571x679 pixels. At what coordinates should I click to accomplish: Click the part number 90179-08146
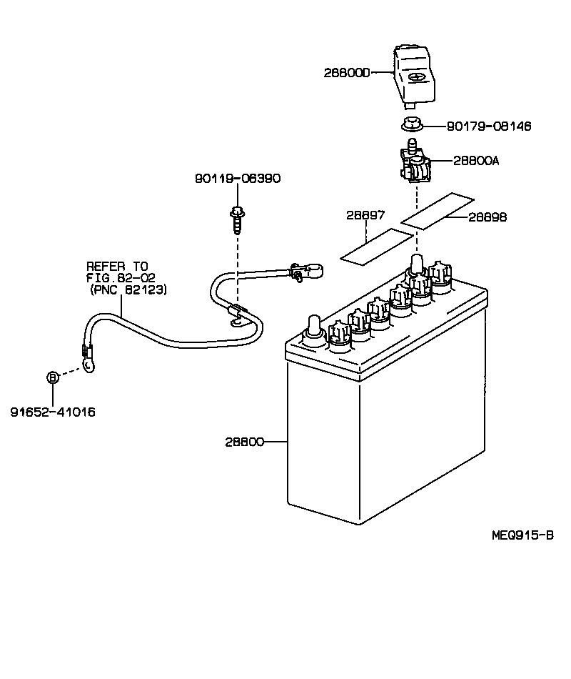coord(489,127)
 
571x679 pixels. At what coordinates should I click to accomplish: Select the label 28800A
coord(475,161)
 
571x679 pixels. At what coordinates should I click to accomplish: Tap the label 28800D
coord(347,73)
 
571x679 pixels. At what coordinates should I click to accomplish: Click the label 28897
coord(365,215)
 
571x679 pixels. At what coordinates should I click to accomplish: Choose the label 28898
coord(487,217)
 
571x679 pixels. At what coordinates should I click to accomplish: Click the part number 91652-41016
coord(53,412)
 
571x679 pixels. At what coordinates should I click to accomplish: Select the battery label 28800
coord(245,442)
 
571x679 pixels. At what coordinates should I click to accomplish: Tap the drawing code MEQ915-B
coord(522,536)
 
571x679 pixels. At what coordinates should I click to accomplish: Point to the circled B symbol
coord(53,378)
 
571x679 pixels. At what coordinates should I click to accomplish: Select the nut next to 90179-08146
coord(411,124)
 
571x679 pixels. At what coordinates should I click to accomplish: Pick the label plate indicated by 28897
coord(375,247)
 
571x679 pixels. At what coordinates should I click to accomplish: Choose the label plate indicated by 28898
coord(438,208)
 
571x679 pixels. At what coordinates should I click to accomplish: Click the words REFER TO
coord(117,265)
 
